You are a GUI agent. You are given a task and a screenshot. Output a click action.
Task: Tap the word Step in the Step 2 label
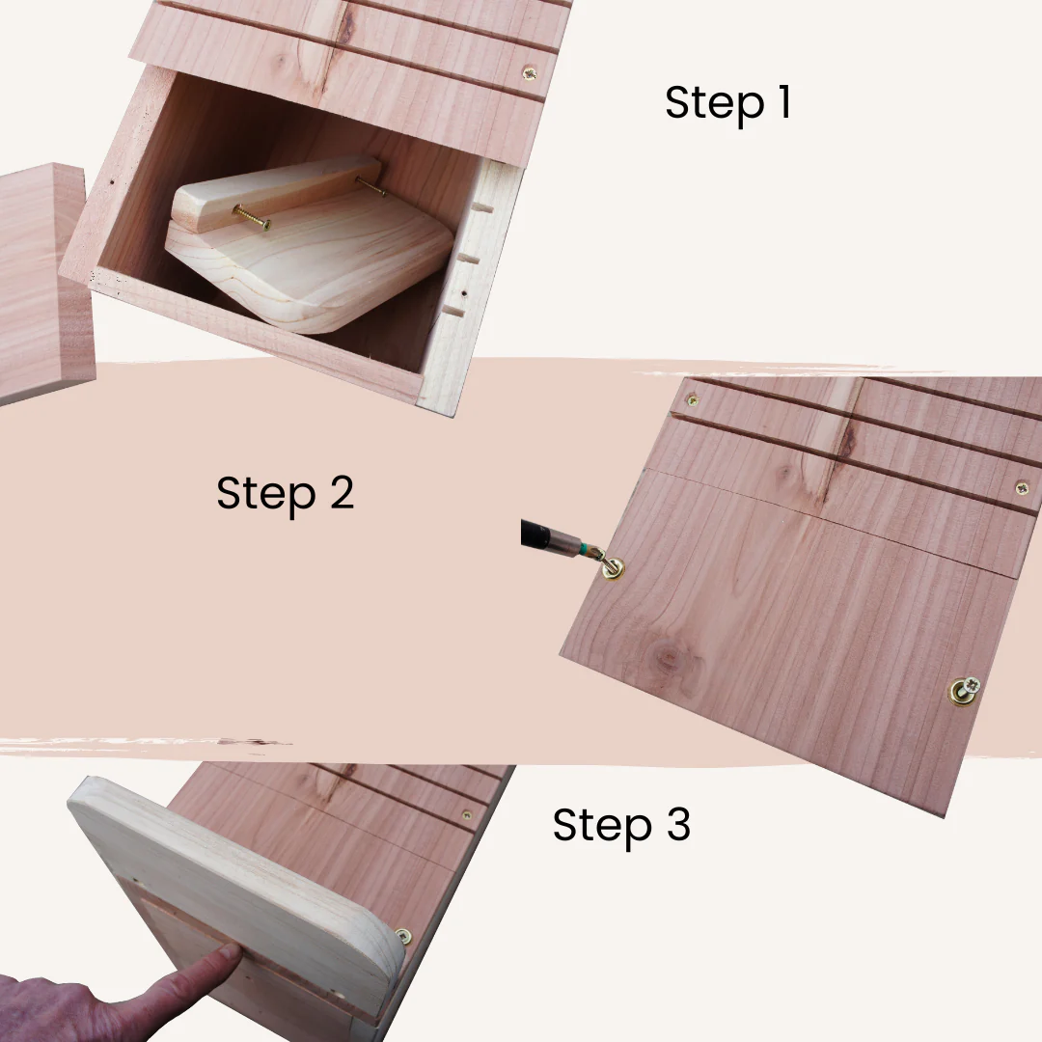coord(266,495)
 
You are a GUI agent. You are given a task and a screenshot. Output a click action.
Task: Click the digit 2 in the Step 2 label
coord(342,493)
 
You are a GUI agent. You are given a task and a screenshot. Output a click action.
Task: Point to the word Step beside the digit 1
coord(714,104)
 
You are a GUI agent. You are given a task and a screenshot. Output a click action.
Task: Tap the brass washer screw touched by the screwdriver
coord(612,568)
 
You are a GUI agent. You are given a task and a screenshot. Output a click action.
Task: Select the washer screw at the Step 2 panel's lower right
coord(965,691)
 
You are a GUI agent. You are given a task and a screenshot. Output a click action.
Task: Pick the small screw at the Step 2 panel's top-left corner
coord(692,400)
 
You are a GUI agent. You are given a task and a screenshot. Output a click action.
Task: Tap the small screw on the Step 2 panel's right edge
coord(1022,488)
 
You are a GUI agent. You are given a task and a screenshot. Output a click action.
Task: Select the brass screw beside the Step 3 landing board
coord(403,936)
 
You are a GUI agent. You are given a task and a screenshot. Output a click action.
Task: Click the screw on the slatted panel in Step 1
coord(530,73)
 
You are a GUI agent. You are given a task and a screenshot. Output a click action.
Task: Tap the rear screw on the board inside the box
coord(370,186)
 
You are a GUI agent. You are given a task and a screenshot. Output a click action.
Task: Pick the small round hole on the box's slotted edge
coord(464,293)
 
